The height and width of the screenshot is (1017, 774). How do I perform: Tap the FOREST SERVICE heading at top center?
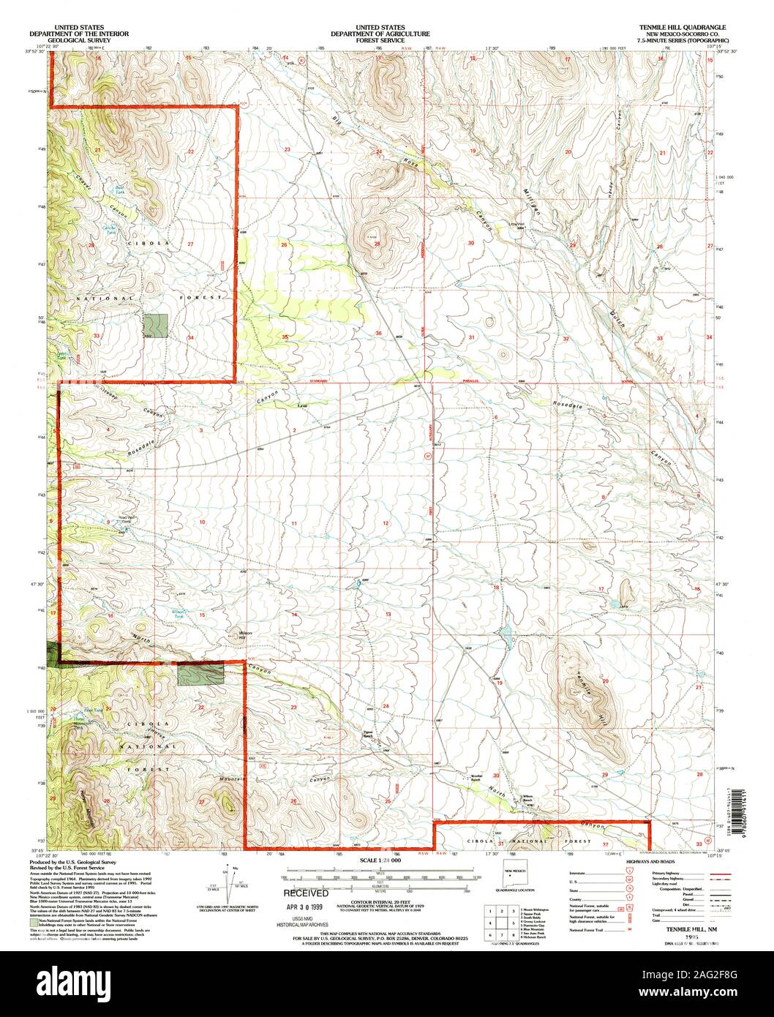tap(380, 40)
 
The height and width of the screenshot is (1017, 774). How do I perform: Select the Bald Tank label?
tap(120, 190)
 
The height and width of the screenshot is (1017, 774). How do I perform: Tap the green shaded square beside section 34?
tap(155, 325)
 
